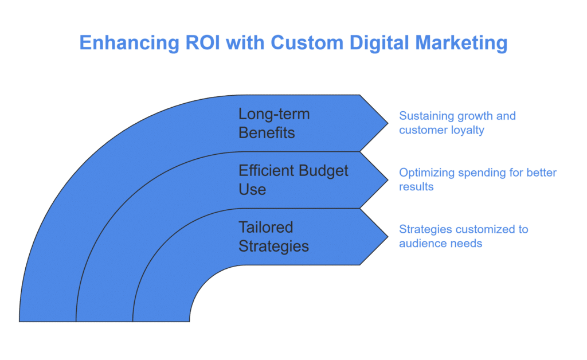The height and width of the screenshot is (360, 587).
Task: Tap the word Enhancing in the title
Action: tap(130, 43)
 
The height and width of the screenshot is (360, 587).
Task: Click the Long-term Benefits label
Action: tap(275, 123)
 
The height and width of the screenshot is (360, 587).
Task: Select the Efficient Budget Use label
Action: tap(293, 180)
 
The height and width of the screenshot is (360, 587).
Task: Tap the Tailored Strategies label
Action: tap(273, 237)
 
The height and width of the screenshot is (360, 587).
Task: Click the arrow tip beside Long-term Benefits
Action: tap(388, 123)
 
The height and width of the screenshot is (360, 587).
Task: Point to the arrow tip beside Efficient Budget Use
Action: tap(388, 180)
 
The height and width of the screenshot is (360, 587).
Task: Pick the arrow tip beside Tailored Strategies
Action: tap(388, 237)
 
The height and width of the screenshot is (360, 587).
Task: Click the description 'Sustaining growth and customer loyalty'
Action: tap(457, 123)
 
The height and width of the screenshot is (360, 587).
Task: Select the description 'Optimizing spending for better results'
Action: tap(478, 179)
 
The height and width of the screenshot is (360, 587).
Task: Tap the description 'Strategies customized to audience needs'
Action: tap(463, 236)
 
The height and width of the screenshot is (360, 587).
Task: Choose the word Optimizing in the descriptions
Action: tap(426, 173)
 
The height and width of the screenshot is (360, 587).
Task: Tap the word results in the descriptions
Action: tap(416, 187)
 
